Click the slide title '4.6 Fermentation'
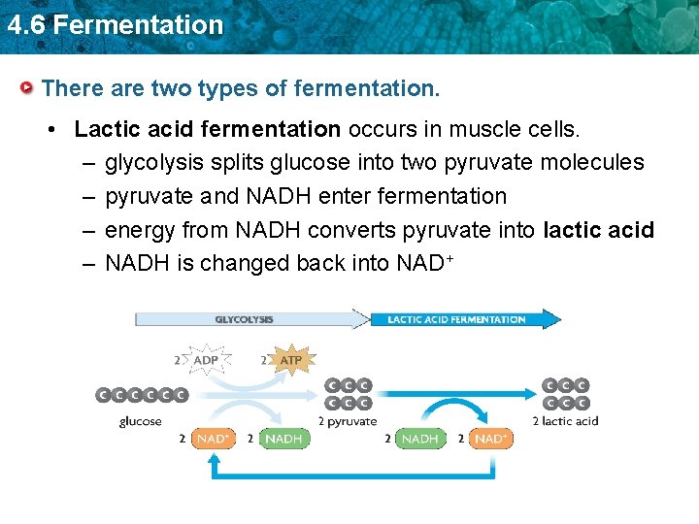[115, 24]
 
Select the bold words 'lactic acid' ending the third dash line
[599, 230]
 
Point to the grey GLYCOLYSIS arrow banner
[248, 319]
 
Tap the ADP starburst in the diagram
[206, 360]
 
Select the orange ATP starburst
[289, 360]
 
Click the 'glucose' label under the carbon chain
[141, 421]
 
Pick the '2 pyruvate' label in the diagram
[348, 421]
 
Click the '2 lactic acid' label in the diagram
[565, 421]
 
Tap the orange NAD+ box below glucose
[213, 439]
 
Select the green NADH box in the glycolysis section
[283, 439]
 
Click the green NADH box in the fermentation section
[419, 439]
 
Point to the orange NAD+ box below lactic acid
[490, 439]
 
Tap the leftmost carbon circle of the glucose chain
[103, 395]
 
